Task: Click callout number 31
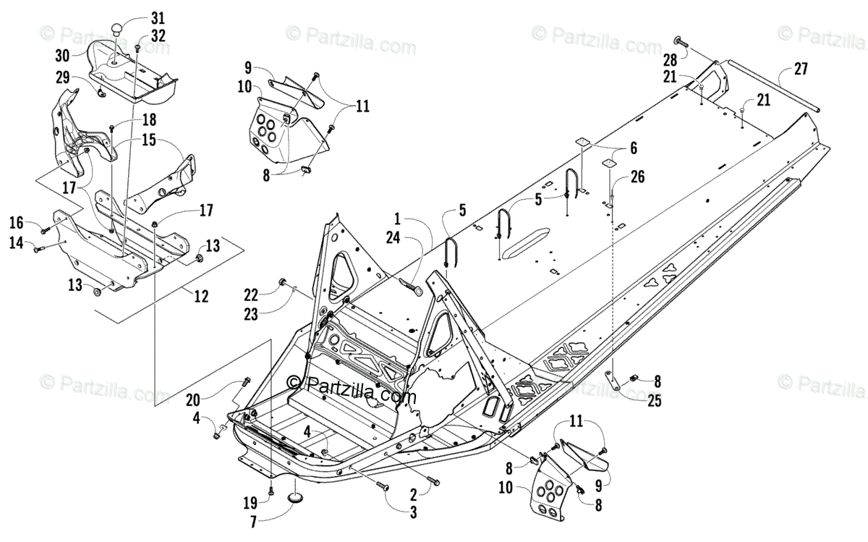158,17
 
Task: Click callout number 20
192,399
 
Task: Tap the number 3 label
412,512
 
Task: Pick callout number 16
16,221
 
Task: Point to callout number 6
633,148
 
